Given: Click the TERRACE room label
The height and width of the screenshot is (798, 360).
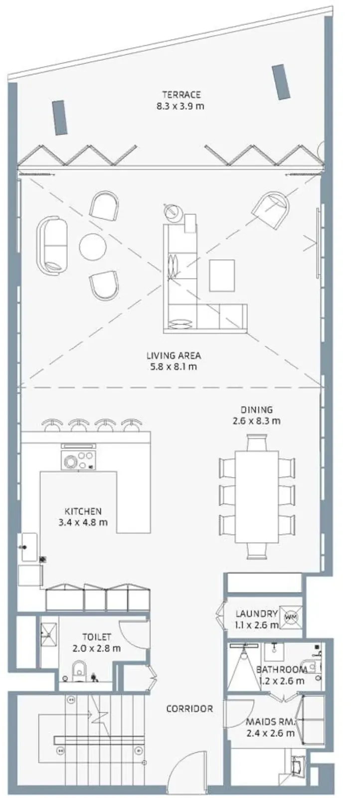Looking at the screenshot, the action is pos(181,95).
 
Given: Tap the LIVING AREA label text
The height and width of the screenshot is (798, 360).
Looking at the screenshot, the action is pos(174,355).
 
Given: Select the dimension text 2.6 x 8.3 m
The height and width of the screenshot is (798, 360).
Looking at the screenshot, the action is pos(256,421).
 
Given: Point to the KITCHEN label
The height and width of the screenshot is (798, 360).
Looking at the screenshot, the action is pos(83,511).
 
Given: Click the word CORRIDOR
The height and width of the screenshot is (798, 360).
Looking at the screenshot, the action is pos(189,709).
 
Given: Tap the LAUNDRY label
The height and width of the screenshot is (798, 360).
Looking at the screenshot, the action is pos(256,613).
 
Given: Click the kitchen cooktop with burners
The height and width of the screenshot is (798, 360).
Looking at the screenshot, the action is pos(78,460).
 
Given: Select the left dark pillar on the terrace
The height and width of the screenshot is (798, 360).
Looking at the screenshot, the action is pos(60,118).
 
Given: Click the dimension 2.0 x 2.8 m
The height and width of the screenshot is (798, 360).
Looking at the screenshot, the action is pos(97,648).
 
